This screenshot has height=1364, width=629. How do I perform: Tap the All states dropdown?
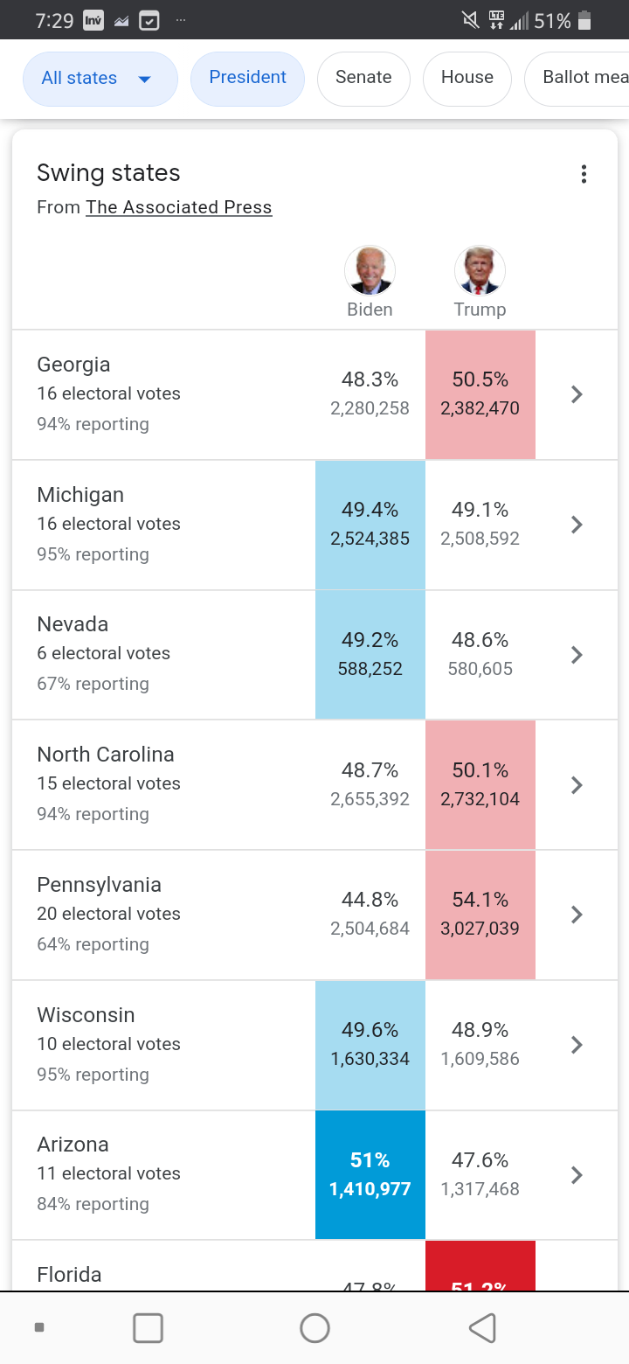pyautogui.click(x=100, y=79)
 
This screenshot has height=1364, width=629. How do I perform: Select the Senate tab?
pyautogui.click(x=363, y=78)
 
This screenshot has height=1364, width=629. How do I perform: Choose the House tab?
pyautogui.click(x=467, y=78)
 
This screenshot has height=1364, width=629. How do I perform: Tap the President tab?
pyautogui.click(x=247, y=78)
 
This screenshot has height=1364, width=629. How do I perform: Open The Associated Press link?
pyautogui.click(x=178, y=207)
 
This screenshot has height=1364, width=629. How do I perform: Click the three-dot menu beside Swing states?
pyautogui.click(x=584, y=174)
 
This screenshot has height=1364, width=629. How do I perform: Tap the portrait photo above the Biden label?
pyautogui.click(x=370, y=270)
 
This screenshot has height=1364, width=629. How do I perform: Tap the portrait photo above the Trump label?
pyautogui.click(x=480, y=270)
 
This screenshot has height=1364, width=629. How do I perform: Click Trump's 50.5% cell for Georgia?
pyautogui.click(x=480, y=393)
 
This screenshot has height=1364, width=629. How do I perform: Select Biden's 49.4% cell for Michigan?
pyautogui.click(x=370, y=524)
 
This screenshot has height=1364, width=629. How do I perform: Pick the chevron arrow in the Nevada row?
pyautogui.click(x=576, y=654)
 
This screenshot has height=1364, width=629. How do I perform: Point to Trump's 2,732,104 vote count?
pyautogui.click(x=480, y=799)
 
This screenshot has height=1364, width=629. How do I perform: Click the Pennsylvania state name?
pyautogui.click(x=99, y=885)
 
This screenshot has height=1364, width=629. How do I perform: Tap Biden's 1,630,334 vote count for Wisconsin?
pyautogui.click(x=370, y=1059)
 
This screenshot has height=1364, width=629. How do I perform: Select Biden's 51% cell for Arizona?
pyautogui.click(x=370, y=1174)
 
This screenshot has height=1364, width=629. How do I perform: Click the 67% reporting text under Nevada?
pyautogui.click(x=93, y=684)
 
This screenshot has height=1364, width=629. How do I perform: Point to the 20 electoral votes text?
pyautogui.click(x=108, y=914)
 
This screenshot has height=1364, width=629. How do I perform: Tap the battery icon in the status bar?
pyautogui.click(x=585, y=20)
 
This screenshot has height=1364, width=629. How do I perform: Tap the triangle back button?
pyautogui.click(x=482, y=1328)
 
